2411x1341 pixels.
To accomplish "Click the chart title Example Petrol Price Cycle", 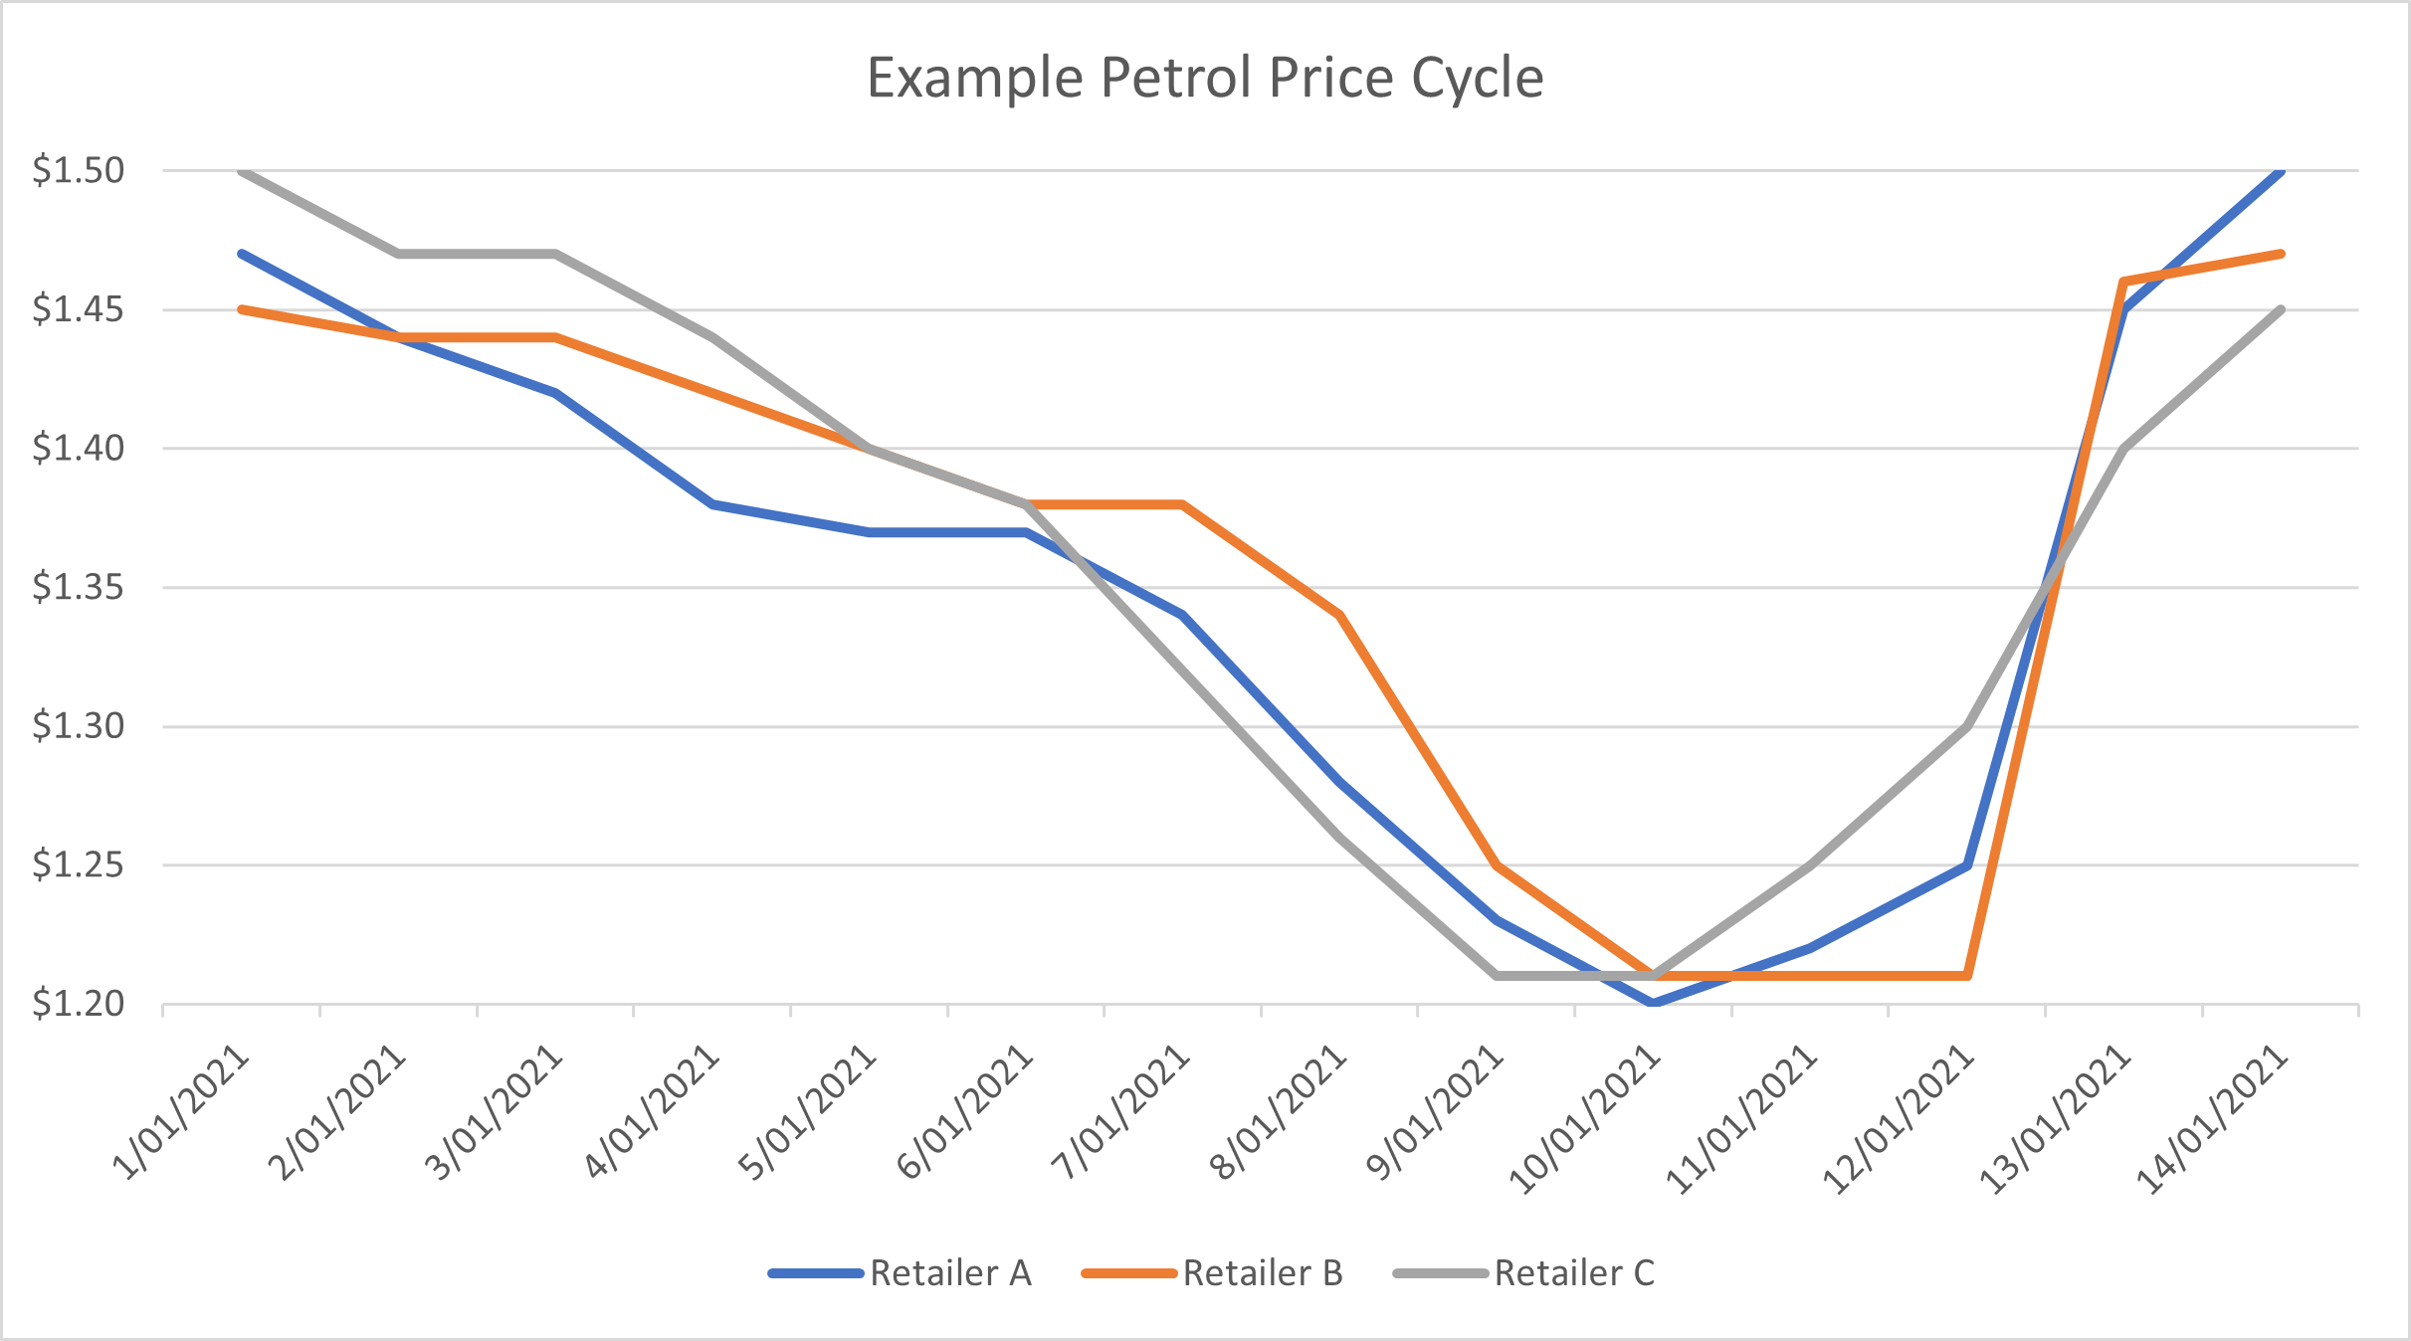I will [x=1205, y=78].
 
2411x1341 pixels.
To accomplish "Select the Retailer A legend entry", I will [x=949, y=1273].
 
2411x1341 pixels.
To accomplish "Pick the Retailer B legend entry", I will [x=1262, y=1273].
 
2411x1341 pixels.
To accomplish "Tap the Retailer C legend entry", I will [x=1573, y=1273].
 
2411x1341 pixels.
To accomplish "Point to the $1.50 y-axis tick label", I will [x=79, y=170].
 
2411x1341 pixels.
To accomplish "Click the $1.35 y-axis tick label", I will [x=79, y=587].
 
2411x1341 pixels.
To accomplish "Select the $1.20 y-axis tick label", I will [x=79, y=1004].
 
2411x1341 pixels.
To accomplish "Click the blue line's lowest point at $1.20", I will [x=1654, y=1003].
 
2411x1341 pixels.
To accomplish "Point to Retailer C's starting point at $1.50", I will [x=243, y=170].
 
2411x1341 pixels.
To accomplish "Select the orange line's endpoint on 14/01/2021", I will [x=2281, y=254].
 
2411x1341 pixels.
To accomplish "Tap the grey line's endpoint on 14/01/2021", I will [x=2281, y=309].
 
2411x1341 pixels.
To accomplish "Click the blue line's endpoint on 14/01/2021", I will [x=2281, y=170].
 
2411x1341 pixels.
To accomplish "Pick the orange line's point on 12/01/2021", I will [x=1967, y=976].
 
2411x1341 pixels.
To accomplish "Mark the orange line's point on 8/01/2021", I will [x=1340, y=615].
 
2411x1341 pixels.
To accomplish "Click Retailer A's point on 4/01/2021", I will [x=712, y=504].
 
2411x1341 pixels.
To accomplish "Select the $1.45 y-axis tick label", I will [x=79, y=309].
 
